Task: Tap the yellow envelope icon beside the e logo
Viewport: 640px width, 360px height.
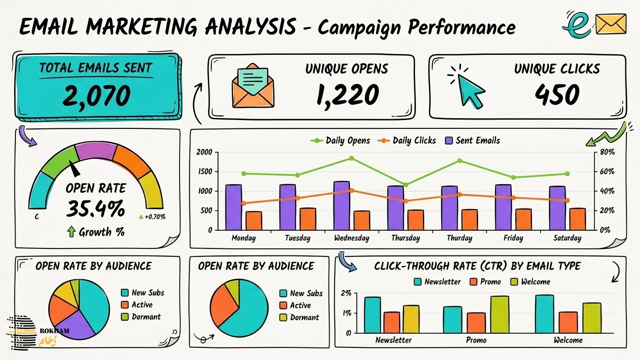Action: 611,24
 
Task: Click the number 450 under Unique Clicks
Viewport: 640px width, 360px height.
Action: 557,95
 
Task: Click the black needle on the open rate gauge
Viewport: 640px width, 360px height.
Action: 75,169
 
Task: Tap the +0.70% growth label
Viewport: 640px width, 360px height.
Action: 152,217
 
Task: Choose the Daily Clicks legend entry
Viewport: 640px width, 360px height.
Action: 407,141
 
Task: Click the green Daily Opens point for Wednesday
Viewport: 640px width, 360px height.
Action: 352,158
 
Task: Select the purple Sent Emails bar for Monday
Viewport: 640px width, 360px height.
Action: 233,207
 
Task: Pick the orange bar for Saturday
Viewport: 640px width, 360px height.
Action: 577,219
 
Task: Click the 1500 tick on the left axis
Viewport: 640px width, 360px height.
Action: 205,172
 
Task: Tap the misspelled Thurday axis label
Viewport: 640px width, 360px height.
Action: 459,238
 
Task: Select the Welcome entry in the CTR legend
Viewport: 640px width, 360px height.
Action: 530,282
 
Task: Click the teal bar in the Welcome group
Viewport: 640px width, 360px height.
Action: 544,314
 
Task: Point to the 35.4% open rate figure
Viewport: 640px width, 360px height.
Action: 96,209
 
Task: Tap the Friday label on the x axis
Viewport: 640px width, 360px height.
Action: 513,238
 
